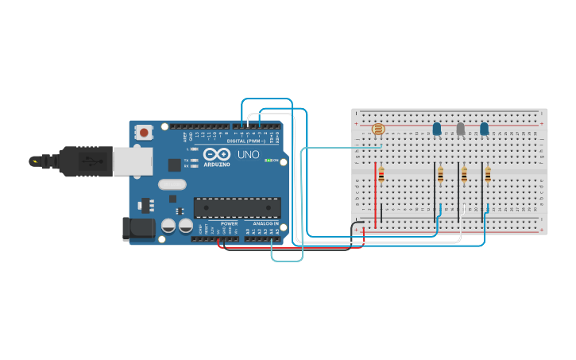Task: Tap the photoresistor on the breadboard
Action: (x=378, y=129)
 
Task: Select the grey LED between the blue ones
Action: (x=460, y=128)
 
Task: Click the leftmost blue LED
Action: (x=436, y=128)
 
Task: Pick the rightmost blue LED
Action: (x=484, y=128)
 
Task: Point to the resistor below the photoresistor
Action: (x=381, y=175)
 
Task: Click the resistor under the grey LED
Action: (x=464, y=175)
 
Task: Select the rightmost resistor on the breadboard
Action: (x=488, y=175)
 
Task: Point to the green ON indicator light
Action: (x=269, y=161)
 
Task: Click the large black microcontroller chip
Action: (x=237, y=207)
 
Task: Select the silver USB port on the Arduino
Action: (x=132, y=161)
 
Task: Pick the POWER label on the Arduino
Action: (x=229, y=223)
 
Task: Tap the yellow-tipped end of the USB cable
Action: (x=34, y=161)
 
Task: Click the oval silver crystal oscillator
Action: (x=172, y=184)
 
